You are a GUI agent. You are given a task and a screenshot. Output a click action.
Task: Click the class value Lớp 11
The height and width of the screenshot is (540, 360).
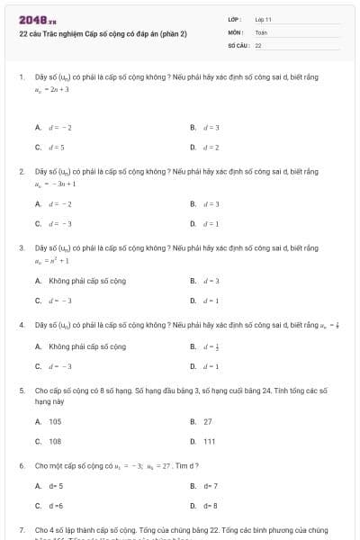[264, 19]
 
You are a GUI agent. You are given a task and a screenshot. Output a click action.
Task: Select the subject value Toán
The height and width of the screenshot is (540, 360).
[261, 31]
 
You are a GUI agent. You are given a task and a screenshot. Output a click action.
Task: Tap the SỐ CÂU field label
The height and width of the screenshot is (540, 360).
[238, 44]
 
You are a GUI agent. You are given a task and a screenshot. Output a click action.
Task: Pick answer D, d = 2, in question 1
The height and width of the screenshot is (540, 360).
[211, 147]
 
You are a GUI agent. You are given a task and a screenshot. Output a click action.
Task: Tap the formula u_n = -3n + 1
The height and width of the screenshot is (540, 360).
[55, 184]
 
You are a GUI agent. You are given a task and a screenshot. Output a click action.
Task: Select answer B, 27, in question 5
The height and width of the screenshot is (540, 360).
[208, 421]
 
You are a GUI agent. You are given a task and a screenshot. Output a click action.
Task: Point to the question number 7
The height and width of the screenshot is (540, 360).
[21, 530]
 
